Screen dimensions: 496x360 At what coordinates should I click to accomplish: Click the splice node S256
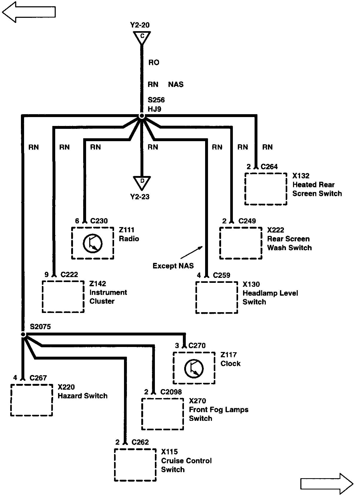(142, 116)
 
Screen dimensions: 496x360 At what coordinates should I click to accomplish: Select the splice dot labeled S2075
(23, 334)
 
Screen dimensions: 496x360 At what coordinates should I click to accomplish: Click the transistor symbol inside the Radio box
(93, 243)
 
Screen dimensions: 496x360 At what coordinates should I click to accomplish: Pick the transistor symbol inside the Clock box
(194, 368)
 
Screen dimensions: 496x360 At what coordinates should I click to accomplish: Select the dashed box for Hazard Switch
(32, 400)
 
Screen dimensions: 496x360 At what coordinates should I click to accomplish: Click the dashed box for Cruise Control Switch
(135, 465)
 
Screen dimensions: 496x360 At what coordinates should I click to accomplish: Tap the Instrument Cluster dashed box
(63, 297)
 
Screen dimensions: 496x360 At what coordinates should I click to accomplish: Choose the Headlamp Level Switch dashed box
(217, 297)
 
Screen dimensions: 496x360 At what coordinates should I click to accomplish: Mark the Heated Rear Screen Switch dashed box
(266, 189)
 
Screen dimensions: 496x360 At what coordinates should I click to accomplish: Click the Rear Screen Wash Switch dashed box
(240, 243)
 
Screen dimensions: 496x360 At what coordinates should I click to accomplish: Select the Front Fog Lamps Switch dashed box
(162, 414)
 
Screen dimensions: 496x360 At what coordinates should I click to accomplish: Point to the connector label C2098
(171, 392)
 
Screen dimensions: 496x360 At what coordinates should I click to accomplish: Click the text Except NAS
(173, 266)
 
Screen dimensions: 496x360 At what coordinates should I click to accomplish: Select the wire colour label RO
(154, 63)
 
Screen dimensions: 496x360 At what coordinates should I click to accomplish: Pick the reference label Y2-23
(140, 197)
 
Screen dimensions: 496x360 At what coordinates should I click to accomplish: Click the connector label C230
(99, 221)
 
